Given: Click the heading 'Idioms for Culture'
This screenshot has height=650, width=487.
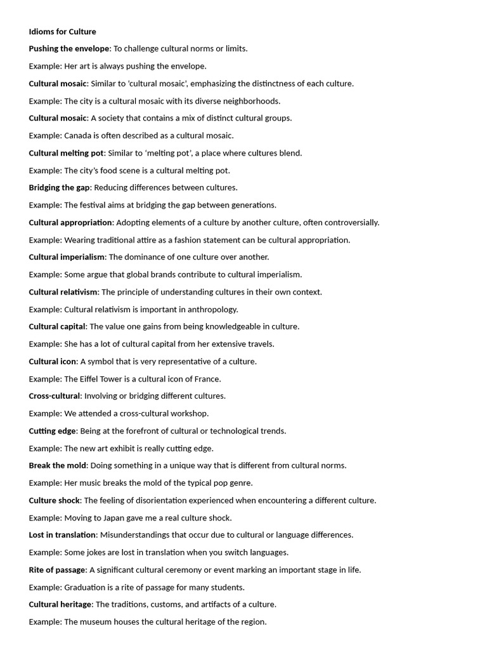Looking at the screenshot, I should [62, 31].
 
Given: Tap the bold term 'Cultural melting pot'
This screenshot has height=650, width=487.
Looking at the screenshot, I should [66, 153].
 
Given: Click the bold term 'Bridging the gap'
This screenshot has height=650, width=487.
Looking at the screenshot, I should [59, 187].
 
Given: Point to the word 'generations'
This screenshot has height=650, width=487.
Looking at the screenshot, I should [254, 205].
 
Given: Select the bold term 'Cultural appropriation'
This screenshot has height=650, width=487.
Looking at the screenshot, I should [70, 222].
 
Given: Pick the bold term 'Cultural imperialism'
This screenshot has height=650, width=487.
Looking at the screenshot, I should [67, 257].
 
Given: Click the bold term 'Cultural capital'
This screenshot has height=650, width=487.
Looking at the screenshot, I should [57, 326].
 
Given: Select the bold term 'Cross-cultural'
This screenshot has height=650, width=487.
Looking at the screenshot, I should [55, 395].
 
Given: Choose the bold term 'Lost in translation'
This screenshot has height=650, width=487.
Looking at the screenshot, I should [63, 534].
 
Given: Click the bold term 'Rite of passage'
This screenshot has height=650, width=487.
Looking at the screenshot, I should [57, 569].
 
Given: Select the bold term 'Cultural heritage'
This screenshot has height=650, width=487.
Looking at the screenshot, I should [60, 604].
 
